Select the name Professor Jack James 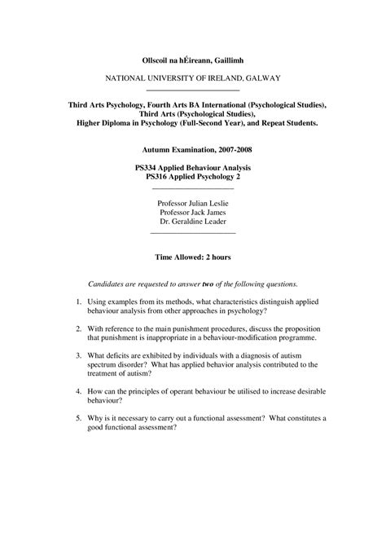[192, 212]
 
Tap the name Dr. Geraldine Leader [192, 222]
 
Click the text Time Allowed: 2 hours [193, 257]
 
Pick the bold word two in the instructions [208, 284]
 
